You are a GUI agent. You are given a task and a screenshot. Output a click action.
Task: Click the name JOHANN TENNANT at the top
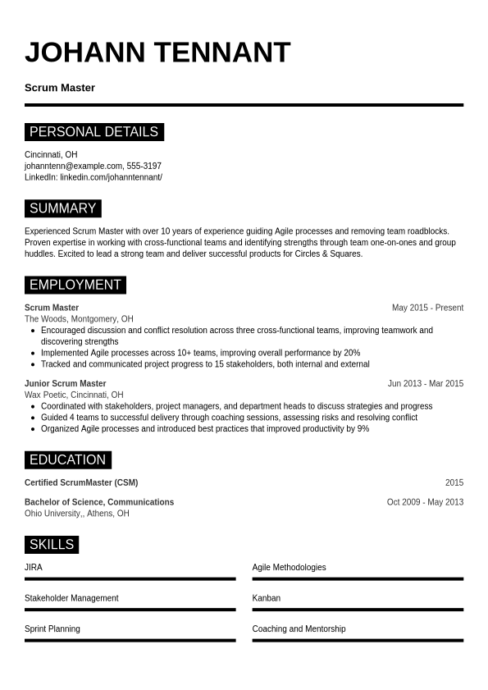157,53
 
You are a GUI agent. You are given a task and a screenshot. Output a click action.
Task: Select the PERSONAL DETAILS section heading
93,132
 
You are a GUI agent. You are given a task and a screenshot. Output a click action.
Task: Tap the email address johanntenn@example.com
73,166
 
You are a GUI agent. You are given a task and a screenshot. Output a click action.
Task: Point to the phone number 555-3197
144,166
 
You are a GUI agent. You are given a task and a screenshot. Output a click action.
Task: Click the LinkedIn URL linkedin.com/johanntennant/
111,177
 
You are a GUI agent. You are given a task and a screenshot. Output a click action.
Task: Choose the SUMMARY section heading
62,208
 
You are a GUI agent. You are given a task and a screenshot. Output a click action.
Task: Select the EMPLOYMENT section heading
75,285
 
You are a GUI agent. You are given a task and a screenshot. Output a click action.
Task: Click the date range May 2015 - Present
427,308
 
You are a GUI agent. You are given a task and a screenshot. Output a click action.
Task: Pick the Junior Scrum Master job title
65,383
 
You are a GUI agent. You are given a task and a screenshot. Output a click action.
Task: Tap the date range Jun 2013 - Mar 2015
425,383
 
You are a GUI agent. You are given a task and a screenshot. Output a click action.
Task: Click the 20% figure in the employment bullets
352,353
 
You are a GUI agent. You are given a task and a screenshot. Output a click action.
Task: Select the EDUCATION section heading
67,459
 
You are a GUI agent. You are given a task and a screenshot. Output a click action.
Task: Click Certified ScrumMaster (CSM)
81,482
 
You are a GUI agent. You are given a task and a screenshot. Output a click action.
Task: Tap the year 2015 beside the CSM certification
454,482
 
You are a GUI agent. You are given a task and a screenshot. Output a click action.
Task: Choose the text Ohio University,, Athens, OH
76,514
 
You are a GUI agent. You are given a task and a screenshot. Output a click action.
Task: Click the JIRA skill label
34,567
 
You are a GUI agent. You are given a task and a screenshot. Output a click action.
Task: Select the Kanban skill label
267,598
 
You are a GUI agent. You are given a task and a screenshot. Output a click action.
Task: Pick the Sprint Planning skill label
52,628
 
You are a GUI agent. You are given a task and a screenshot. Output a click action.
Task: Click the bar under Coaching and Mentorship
358,640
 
